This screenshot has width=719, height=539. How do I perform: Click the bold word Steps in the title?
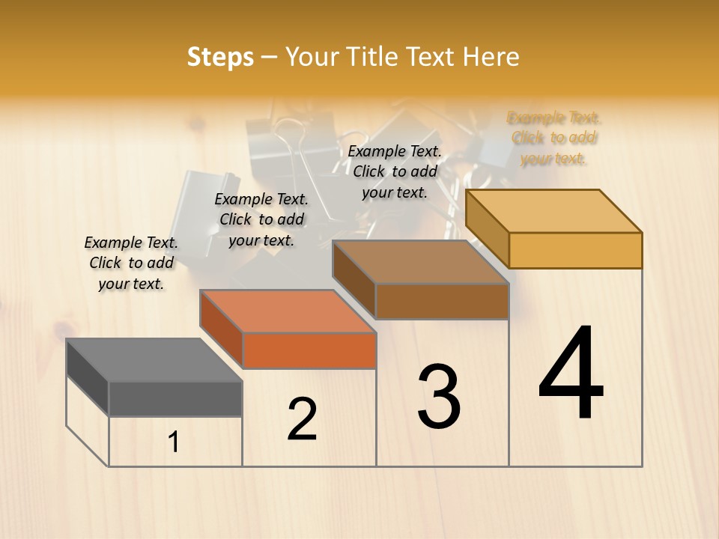(220, 57)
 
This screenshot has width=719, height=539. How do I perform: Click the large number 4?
(571, 374)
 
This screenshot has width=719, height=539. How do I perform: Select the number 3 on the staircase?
(438, 397)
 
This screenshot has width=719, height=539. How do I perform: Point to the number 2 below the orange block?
(302, 419)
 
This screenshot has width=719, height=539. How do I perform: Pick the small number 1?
(174, 442)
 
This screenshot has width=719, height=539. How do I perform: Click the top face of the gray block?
(154, 360)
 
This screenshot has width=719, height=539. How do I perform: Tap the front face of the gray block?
(175, 398)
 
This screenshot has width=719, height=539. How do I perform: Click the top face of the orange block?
(288, 311)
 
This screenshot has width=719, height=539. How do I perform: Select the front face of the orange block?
(309, 350)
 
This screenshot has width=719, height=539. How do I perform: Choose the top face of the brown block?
(421, 262)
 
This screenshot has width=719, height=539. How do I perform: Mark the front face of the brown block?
(442, 301)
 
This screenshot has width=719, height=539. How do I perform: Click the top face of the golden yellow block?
(554, 211)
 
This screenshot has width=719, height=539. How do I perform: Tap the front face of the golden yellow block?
(575, 250)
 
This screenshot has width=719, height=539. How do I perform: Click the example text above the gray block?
(131, 263)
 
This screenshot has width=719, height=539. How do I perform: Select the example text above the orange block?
(261, 219)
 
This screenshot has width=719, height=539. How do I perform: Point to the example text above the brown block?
(395, 171)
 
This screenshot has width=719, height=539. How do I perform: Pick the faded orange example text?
(554, 138)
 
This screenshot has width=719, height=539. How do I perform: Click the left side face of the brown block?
(354, 280)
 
